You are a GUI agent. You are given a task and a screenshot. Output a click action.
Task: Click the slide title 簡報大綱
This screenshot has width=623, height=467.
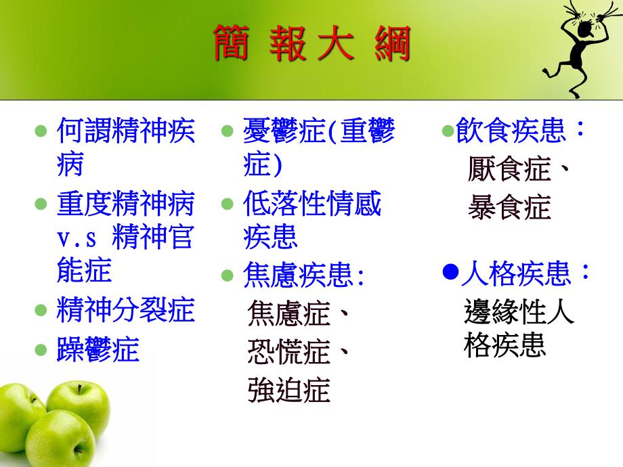[312, 43]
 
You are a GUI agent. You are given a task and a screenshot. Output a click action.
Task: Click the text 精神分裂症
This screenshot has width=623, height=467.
[125, 309]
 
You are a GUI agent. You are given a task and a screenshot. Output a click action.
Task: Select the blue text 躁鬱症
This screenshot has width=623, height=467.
[98, 349]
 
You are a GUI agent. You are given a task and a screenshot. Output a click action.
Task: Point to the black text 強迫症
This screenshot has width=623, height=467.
[288, 391]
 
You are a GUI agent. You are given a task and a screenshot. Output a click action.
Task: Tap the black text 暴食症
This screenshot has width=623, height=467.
[509, 208]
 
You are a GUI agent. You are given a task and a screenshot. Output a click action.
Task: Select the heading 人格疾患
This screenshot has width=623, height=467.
[525, 273]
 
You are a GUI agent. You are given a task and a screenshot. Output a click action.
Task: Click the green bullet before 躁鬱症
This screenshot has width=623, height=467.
[41, 350]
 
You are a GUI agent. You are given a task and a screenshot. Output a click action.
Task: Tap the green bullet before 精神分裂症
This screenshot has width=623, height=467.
[41, 310]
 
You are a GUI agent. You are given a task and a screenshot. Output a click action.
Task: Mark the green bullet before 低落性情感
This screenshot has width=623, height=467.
[228, 204]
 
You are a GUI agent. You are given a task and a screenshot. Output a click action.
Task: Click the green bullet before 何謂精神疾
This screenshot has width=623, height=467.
[41, 130]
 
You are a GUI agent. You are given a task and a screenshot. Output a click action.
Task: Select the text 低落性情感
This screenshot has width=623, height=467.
[312, 203]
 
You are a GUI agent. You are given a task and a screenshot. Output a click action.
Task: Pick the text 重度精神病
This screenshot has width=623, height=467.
[125, 203]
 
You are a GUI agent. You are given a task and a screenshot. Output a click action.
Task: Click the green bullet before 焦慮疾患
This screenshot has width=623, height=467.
[228, 275]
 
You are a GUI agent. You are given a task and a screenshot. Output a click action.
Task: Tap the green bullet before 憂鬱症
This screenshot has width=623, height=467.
[228, 130]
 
